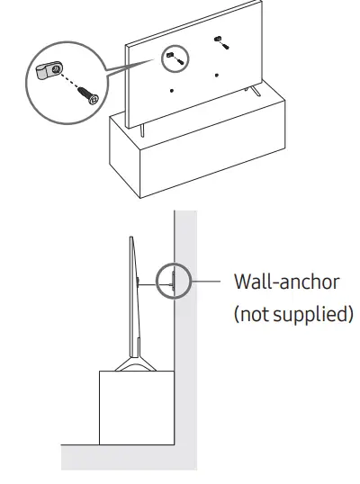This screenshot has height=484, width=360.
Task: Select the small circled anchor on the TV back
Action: [173, 57]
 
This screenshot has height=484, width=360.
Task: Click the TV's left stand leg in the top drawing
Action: [140, 127]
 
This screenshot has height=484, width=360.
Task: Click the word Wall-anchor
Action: [286, 282]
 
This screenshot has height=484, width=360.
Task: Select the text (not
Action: [254, 316]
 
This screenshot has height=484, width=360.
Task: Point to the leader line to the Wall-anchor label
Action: [202, 282]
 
